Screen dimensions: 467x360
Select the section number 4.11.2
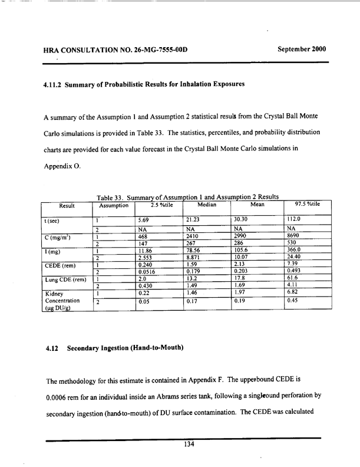click(x=59, y=85)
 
